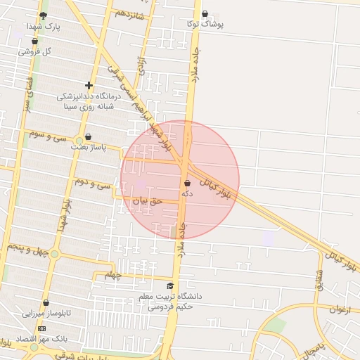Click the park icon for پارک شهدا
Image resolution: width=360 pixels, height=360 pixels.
pos(44,15)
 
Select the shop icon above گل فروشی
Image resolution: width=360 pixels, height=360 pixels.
pos(34,41)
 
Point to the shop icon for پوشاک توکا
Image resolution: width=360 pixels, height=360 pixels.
pos(205,13)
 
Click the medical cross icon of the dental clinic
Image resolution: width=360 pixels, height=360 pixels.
pos(89,85)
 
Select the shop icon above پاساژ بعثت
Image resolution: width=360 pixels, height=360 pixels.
pos(88,137)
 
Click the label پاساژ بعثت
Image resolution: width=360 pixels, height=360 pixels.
pos(88,148)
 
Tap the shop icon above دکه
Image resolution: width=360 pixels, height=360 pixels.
pos(187,183)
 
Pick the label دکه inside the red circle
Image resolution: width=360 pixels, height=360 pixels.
pos(187,193)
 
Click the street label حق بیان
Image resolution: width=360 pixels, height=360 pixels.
pos(148,200)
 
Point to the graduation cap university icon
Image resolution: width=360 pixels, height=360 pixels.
pos(169,285)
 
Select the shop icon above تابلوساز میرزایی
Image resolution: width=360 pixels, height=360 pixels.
pos(46,303)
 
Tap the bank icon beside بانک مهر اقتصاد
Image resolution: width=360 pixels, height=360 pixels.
pos(41,328)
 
